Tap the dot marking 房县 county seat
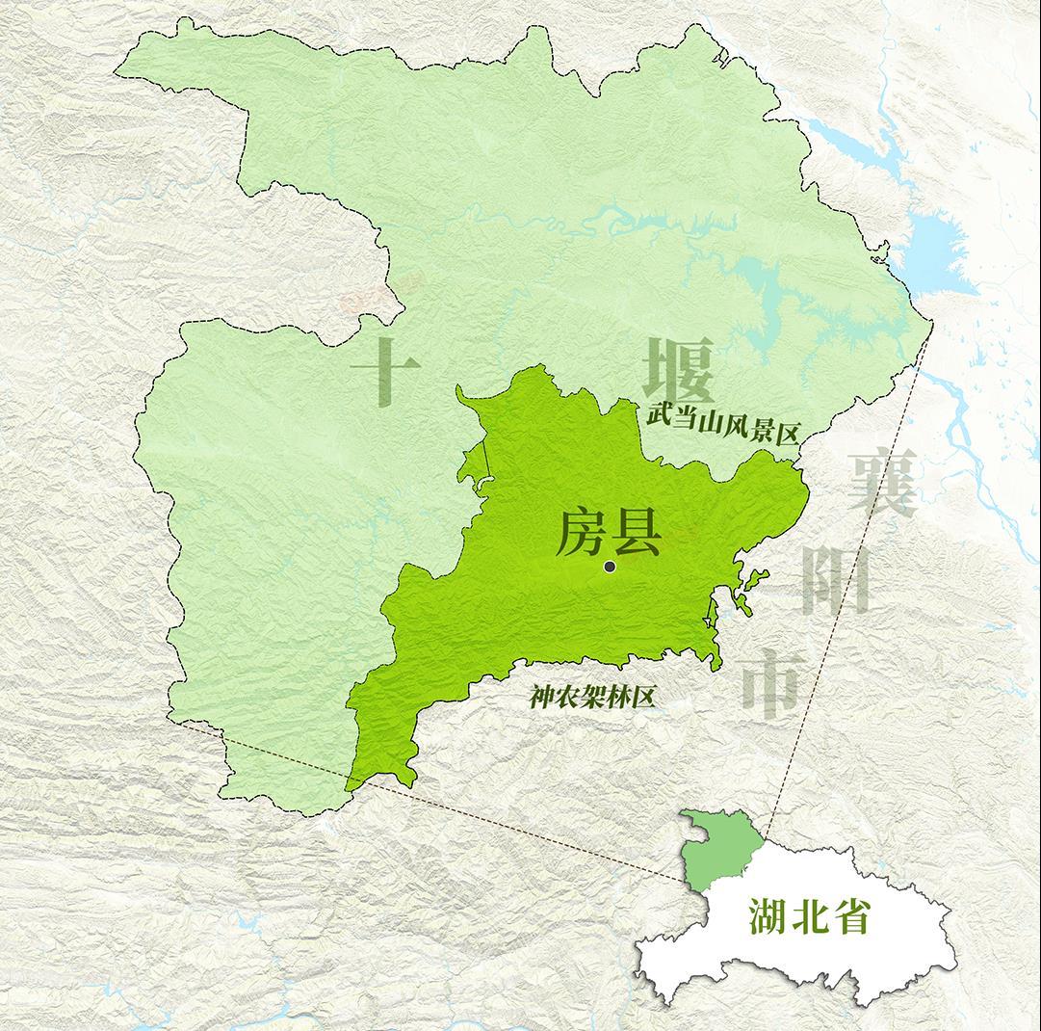[x=610, y=567]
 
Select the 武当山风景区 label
[x=723, y=424]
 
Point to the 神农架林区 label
[x=592, y=696]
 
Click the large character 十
[x=384, y=371]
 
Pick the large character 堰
[x=680, y=370]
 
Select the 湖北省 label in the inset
[x=809, y=917]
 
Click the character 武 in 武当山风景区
[x=658, y=416]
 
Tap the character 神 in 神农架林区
[x=541, y=698]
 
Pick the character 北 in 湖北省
[x=809, y=917]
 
